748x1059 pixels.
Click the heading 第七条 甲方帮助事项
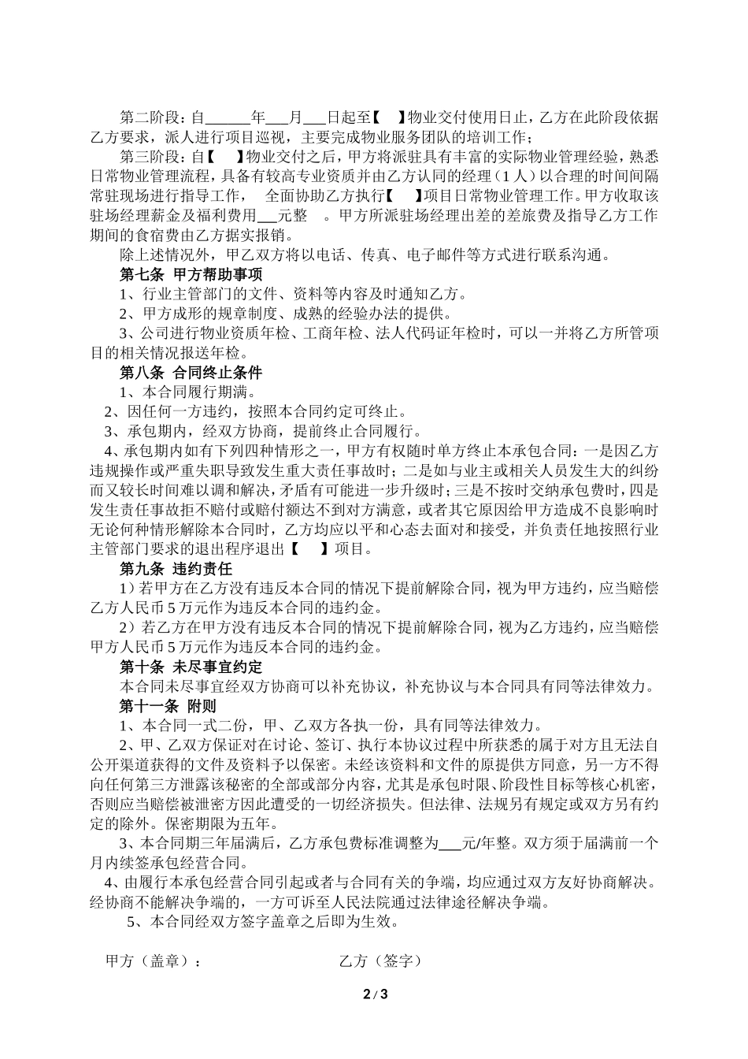pyautogui.click(x=191, y=274)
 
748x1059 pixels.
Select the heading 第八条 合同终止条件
pyautogui.click(x=191, y=372)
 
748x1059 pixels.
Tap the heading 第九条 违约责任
pyautogui.click(x=176, y=568)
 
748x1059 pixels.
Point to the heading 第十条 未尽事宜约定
pyautogui.click(x=191, y=666)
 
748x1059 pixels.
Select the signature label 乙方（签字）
pyautogui.click(x=380, y=961)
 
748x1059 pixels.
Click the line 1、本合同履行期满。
pyautogui.click(x=188, y=392)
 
